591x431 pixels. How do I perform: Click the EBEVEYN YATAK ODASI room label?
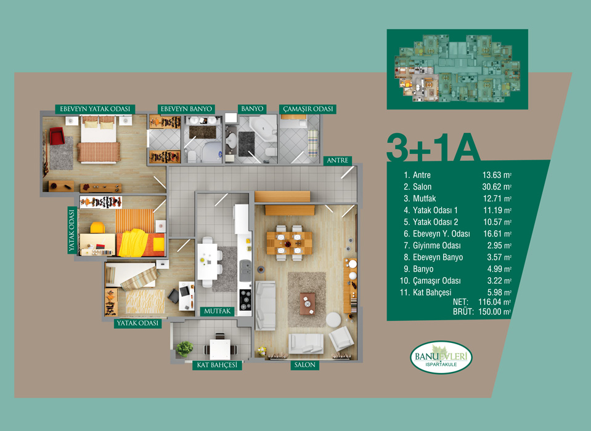tap(95, 109)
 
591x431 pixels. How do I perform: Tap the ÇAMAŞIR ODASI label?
tap(308, 109)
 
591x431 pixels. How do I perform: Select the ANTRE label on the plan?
tap(337, 160)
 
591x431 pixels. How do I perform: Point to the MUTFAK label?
tap(217, 312)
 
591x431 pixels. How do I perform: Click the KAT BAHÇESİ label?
tap(217, 365)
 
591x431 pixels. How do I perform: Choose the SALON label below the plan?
tap(304, 365)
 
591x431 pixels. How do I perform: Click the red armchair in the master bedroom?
tap(57, 136)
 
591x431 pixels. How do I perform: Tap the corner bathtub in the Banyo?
tap(264, 128)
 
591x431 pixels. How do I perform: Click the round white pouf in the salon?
tap(333, 320)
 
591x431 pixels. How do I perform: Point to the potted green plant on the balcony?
tap(185, 348)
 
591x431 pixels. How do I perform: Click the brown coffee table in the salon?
tap(308, 304)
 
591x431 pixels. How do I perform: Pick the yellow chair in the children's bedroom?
tap(97, 228)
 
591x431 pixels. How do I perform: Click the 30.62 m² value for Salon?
tap(497, 187)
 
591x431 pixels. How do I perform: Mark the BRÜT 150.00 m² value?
tap(494, 312)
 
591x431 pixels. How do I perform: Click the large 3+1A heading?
tap(433, 147)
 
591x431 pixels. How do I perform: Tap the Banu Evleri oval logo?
tap(441, 357)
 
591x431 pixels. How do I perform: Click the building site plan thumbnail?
tap(457, 69)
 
